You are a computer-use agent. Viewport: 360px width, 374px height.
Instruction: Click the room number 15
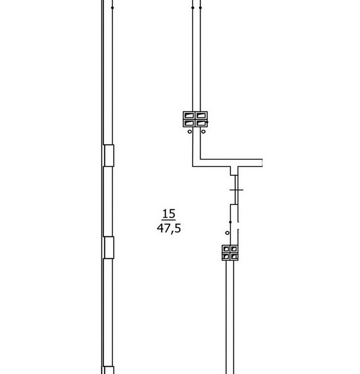click(169, 213)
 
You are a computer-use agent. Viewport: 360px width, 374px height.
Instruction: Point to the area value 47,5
click(169, 228)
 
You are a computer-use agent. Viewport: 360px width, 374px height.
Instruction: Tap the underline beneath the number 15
click(169, 220)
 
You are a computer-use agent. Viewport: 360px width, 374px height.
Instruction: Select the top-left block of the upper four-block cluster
click(189, 116)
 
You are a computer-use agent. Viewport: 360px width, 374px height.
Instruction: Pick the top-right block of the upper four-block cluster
click(201, 116)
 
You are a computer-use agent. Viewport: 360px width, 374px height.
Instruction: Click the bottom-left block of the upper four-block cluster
click(189, 123)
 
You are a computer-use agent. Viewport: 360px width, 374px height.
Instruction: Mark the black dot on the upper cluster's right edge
click(207, 122)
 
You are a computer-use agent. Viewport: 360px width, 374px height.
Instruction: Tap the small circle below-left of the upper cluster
click(190, 131)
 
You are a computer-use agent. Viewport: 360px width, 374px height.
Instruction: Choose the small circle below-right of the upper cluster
click(203, 131)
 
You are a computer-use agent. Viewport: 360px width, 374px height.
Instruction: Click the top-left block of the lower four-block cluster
click(226, 249)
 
